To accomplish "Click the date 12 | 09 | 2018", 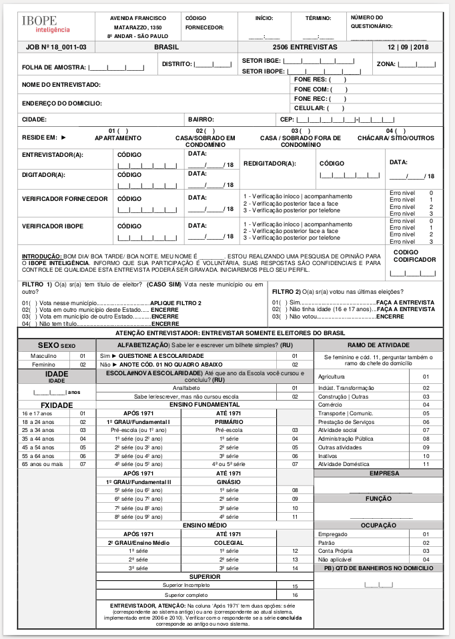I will pos(409,47).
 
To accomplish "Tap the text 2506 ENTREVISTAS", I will pos(305,47).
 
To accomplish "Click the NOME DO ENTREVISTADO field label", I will pos(61,85).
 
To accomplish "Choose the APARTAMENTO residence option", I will pos(118,138).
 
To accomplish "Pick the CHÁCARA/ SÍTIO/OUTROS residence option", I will pos(405,138).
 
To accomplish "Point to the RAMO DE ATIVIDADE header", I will pos(378,345).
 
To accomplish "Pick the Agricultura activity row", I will pos(332,377).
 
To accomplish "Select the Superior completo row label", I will pos(186,594).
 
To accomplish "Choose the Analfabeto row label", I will pos(186,387).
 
